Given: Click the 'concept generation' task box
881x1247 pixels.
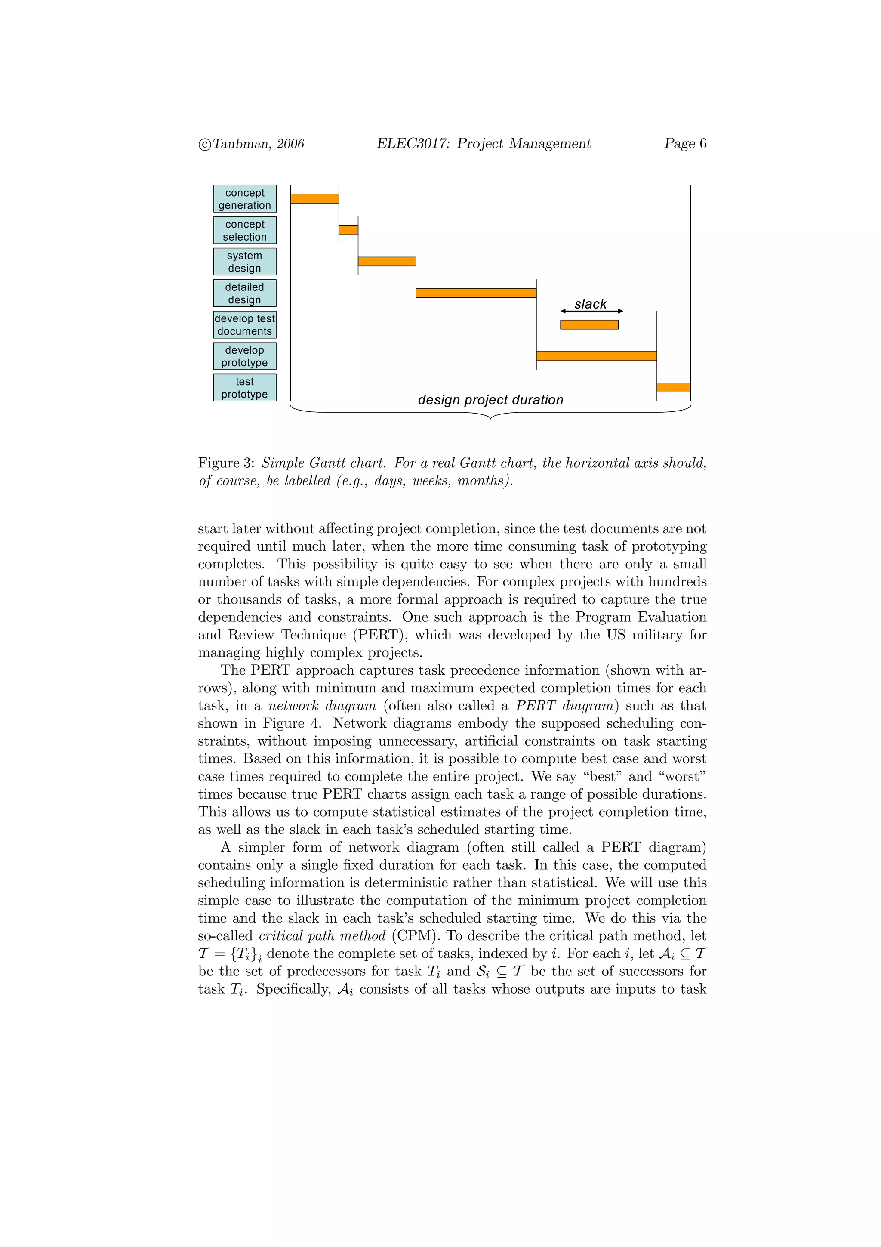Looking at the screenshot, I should coord(244,199).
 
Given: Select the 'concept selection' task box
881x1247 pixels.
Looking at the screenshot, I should coord(244,230).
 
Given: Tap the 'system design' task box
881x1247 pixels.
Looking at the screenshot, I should coord(244,262).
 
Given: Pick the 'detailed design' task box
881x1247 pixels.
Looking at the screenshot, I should coord(244,293).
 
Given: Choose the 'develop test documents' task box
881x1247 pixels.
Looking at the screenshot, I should coord(244,325).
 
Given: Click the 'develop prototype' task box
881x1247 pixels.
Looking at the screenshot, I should coord(244,356).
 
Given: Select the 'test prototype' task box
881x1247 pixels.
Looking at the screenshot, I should coord(244,388).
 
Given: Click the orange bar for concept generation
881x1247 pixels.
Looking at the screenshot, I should coord(314,199).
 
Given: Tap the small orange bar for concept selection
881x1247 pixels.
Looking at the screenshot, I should coord(348,230).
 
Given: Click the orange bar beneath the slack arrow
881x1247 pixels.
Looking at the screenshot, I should coord(589,325).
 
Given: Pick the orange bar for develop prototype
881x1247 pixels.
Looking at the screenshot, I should coord(596,356).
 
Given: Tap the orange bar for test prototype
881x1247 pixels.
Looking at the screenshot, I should coord(673,388).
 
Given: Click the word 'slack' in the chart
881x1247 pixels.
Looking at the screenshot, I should coord(590,304).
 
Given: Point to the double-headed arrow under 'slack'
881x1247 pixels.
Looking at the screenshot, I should coord(591,311).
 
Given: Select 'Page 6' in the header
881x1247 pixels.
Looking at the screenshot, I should coord(685,143).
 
